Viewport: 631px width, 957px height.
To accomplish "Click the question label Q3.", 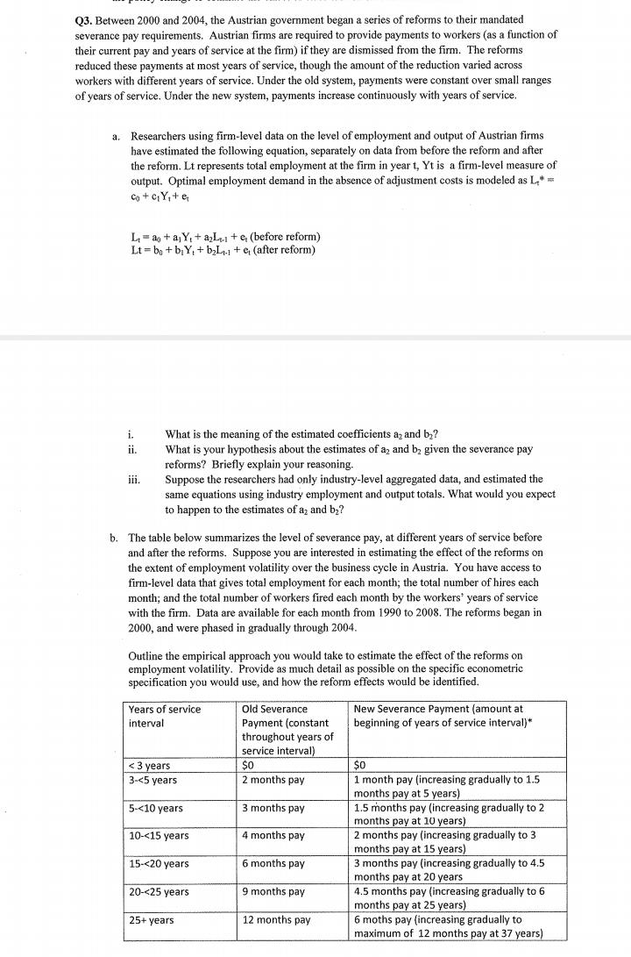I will [x=87, y=18].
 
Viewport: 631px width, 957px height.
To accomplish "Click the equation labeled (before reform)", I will [x=224, y=237].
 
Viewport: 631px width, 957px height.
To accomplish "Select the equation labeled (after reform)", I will [x=223, y=250].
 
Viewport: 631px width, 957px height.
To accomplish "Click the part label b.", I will [x=114, y=537].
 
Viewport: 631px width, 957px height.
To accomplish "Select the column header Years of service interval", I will [x=165, y=716].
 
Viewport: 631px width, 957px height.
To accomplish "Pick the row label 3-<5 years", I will [x=152, y=780].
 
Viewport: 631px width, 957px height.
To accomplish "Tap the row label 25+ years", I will [x=151, y=920].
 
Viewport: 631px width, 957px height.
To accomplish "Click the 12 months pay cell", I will [x=276, y=920].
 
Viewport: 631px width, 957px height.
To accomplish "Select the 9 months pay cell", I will [x=273, y=892].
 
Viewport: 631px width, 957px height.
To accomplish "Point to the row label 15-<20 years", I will [x=159, y=864].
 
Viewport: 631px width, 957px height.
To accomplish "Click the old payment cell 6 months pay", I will [x=273, y=864].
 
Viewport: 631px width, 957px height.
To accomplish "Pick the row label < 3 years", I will [x=149, y=766].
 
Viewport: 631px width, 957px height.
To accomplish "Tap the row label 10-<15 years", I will [x=159, y=836].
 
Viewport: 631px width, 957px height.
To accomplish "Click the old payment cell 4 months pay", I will [x=273, y=836].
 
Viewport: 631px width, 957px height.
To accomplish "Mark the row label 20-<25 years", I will [x=159, y=892].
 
